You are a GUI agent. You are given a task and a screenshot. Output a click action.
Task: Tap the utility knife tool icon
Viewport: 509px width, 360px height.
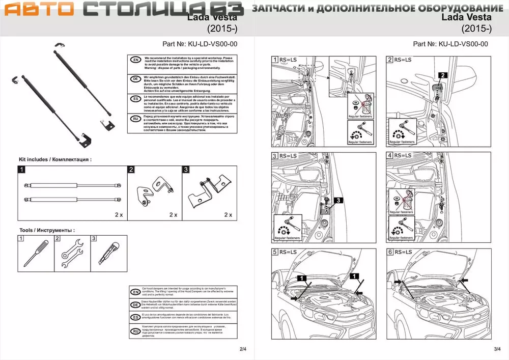click(x=108, y=253)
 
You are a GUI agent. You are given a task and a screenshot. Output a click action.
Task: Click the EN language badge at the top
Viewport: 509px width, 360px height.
click(x=135, y=60)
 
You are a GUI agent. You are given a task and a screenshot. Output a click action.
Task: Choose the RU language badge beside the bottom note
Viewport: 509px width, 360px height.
click(x=135, y=331)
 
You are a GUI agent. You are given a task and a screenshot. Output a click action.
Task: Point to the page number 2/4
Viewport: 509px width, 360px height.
click(x=243, y=349)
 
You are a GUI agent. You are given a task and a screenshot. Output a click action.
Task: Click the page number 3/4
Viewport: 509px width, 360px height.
click(x=497, y=349)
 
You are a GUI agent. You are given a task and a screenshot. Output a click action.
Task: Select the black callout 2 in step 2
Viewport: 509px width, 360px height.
click(x=443, y=75)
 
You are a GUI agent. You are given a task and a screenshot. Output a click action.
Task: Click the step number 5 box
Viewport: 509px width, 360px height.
click(x=275, y=252)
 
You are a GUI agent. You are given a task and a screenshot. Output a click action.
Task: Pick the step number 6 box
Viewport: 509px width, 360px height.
click(x=390, y=252)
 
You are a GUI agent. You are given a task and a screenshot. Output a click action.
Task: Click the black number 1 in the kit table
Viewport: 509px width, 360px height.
click(x=22, y=170)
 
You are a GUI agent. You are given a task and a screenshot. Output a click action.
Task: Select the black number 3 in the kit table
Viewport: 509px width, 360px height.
click(x=186, y=170)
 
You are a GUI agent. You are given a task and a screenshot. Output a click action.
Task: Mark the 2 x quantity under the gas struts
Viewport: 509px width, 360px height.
click(x=119, y=215)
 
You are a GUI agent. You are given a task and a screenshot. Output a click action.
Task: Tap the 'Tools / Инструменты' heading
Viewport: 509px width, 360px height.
click(x=47, y=230)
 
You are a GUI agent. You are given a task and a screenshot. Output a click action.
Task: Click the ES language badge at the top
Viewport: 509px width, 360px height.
click(x=135, y=99)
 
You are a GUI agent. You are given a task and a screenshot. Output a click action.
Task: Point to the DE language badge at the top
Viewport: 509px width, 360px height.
click(x=135, y=79)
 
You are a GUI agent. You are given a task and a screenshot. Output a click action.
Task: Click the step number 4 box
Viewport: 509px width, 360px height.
click(x=390, y=155)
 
